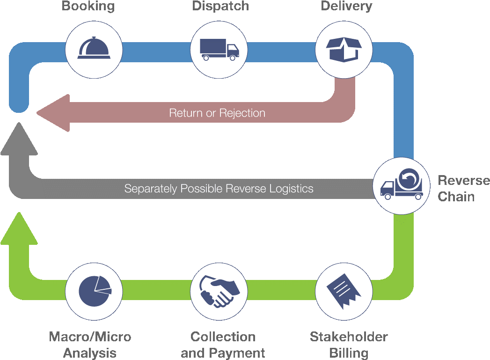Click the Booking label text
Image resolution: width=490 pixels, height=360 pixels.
pyautogui.click(x=88, y=7)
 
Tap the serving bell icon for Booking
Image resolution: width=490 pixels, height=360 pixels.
pyautogui.click(x=94, y=48)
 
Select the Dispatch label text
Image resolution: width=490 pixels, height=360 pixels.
pyautogui.click(x=220, y=7)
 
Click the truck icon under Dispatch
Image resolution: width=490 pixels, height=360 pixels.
pyautogui.click(x=219, y=49)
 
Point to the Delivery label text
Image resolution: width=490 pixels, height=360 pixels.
pyautogui.click(x=346, y=7)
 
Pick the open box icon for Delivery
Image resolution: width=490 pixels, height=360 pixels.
pyautogui.click(x=344, y=49)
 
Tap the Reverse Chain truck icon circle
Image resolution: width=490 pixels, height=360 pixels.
pyautogui.click(x=401, y=185)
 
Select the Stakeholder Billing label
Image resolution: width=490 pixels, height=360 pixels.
pyautogui.click(x=349, y=344)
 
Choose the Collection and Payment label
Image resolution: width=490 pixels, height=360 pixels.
pyautogui.click(x=223, y=344)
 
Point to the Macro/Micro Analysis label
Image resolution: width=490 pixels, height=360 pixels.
pyautogui.click(x=90, y=344)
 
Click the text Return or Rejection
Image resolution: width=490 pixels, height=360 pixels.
pyautogui.click(x=217, y=113)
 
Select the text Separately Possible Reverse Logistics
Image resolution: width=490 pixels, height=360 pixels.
pyautogui.click(x=219, y=189)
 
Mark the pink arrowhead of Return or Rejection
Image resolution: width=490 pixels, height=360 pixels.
pyautogui.click(x=54, y=113)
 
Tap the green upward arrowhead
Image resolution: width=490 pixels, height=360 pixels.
pyautogui.click(x=19, y=229)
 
